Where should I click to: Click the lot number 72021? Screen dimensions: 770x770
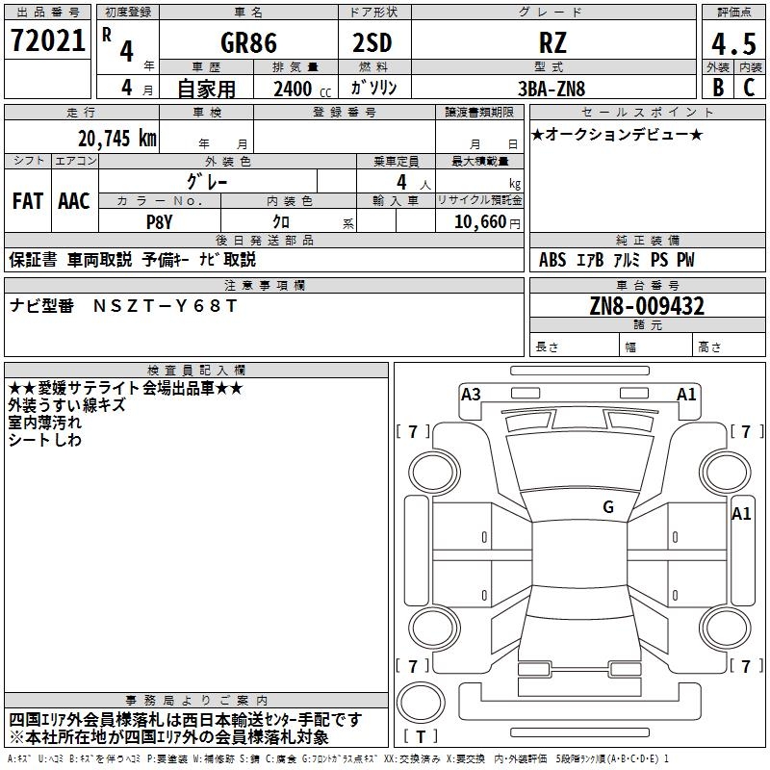coord(47,40)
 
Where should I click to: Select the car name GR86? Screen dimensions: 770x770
coord(247,43)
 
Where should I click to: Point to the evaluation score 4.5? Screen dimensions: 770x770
coord(732,44)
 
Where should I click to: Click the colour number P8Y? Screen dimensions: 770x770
coord(159,220)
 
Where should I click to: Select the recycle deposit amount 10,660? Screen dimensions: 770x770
coord(479,221)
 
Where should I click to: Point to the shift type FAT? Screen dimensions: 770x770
coord(28,201)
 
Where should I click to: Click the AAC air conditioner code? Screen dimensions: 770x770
coord(74,201)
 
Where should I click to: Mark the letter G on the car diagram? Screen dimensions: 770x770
coord(607,506)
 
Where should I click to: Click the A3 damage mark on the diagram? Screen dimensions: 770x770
coord(471,394)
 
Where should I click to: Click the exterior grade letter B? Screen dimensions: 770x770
coord(718,88)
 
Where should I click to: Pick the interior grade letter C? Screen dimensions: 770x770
coord(749,88)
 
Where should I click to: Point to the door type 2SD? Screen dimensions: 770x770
coord(373,43)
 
